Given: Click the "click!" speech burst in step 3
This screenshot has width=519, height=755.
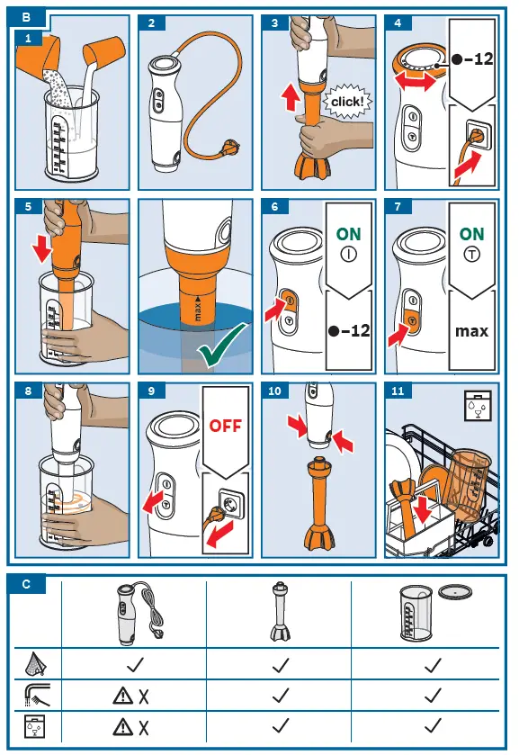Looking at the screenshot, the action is point(347,102).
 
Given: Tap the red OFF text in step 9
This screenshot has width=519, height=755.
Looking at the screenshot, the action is point(225,426).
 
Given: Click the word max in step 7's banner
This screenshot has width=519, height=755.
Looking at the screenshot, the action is point(472,331).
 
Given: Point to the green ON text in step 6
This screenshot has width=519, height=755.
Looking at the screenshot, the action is point(349,234).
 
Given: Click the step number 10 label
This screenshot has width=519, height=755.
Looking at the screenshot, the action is point(274,391).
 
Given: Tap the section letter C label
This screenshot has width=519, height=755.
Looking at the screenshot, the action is point(26,585).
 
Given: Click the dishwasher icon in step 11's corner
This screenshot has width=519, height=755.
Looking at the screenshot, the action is point(479,407).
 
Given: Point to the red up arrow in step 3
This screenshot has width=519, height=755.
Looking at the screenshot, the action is point(291,96).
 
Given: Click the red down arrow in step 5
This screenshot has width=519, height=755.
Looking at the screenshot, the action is point(42,249).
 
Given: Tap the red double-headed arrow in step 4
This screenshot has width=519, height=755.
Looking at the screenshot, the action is point(415,80).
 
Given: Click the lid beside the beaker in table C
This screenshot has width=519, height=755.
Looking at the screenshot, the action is point(455,592).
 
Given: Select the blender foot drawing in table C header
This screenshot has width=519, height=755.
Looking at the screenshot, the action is point(279,612).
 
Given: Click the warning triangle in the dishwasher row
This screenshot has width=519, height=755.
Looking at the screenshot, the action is point(122,726).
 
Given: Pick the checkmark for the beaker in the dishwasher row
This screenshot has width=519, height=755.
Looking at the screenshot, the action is point(433,725).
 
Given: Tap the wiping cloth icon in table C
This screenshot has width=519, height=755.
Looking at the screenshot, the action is point(36,663).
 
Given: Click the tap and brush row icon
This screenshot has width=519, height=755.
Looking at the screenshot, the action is point(37,696).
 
